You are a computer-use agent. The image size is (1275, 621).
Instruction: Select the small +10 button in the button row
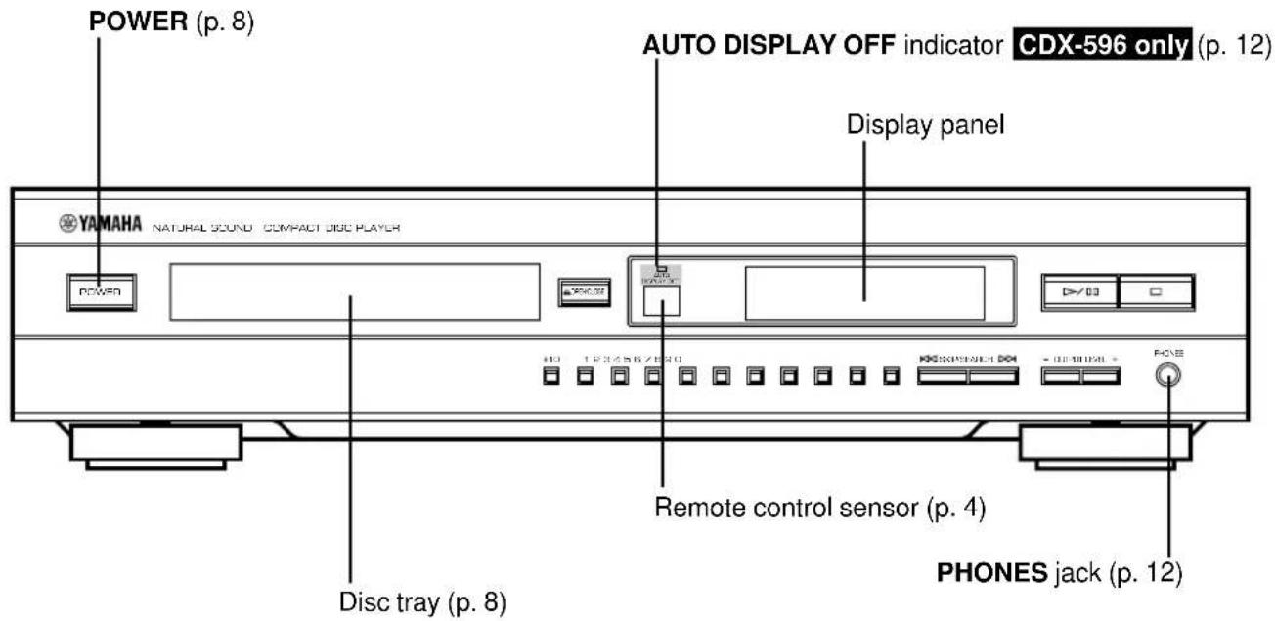click(550, 376)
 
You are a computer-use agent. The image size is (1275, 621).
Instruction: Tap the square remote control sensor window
click(662, 302)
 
